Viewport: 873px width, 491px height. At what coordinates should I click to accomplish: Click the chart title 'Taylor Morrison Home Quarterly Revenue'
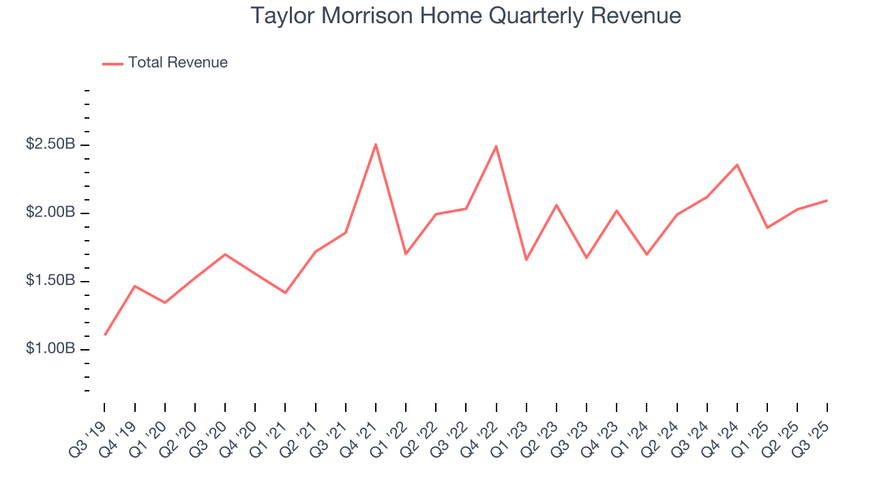tap(466, 16)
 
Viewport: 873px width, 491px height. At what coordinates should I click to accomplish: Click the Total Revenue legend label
tap(177, 63)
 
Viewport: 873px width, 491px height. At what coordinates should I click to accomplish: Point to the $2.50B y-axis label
tap(51, 145)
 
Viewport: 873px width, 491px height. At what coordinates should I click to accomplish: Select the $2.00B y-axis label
tap(51, 213)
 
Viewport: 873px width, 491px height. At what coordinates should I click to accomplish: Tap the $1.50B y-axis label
tap(51, 281)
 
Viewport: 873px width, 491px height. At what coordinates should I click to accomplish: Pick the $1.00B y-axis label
tap(51, 349)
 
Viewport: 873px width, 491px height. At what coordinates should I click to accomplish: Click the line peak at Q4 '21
tap(376, 144)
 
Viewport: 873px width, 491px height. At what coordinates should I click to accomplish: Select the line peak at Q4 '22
tap(496, 146)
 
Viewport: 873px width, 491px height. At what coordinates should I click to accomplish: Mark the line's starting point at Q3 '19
tap(105, 335)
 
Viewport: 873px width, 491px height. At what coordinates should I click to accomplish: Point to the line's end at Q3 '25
tap(827, 200)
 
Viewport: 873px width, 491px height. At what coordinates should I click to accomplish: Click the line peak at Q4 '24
tap(737, 164)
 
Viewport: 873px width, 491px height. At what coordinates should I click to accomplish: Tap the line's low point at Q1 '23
tap(526, 260)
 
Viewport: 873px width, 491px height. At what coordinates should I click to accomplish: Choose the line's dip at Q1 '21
tap(285, 293)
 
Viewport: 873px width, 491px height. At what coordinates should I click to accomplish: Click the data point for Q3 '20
tap(225, 254)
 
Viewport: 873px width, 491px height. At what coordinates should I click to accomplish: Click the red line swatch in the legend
tap(113, 63)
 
